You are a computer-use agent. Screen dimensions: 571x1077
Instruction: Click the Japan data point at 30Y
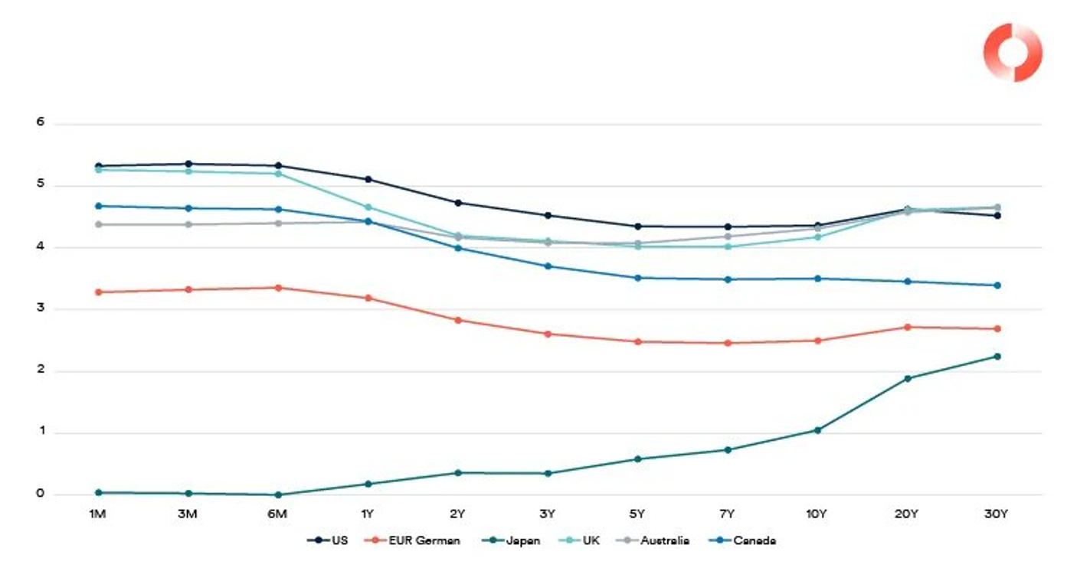(x=997, y=356)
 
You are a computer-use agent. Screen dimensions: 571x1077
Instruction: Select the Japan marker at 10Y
(x=817, y=430)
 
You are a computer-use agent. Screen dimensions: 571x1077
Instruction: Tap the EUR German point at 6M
(x=278, y=288)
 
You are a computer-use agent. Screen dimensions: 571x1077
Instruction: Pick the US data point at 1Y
(x=368, y=179)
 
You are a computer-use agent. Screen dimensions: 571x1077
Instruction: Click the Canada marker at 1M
(x=98, y=206)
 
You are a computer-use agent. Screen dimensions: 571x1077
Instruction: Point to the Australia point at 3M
(x=188, y=224)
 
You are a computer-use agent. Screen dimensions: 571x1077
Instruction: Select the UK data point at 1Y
(x=368, y=207)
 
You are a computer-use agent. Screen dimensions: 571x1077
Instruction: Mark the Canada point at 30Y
(x=997, y=285)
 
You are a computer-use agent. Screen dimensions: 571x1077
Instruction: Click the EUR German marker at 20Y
(x=907, y=327)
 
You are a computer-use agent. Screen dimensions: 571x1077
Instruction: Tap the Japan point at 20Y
(x=907, y=378)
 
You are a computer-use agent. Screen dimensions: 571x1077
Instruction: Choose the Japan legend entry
(x=512, y=540)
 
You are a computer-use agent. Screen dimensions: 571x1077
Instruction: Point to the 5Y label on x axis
(x=637, y=514)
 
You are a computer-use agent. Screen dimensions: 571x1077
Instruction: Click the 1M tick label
(x=98, y=514)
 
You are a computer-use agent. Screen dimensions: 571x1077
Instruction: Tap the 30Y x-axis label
(x=997, y=514)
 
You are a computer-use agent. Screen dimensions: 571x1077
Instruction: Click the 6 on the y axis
(x=41, y=122)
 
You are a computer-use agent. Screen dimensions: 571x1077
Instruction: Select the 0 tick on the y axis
(x=41, y=494)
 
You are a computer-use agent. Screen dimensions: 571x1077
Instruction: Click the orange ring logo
(x=1013, y=52)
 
